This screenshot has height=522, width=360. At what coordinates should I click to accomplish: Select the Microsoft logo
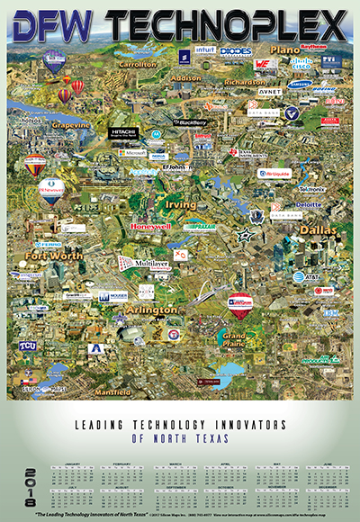coord(132,153)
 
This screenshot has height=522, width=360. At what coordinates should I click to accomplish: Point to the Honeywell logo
coord(150,225)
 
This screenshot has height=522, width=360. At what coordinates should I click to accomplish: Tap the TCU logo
coord(28,346)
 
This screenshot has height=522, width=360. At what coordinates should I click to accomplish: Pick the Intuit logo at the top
coord(207,50)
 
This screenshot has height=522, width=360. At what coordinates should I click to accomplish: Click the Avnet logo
coord(270,91)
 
